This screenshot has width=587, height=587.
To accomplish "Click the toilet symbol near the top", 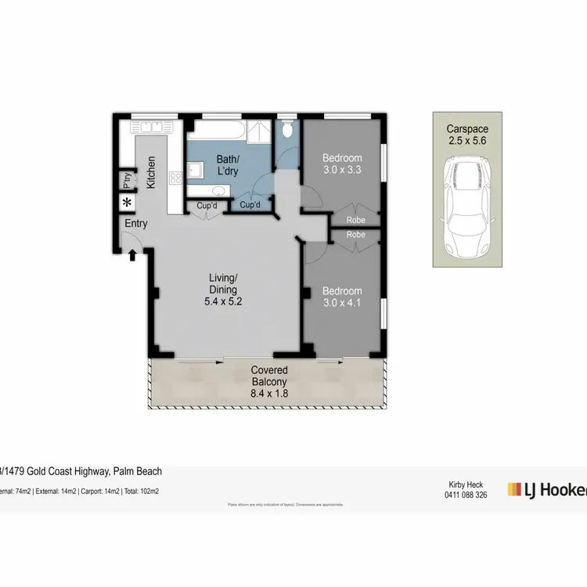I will click(288, 129).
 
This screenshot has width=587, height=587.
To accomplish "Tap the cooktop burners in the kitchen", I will click(175, 178).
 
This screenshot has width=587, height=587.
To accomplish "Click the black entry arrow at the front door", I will click(132, 253).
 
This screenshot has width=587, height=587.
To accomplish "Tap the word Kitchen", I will click(151, 173).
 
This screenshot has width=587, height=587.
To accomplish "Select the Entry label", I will click(136, 224).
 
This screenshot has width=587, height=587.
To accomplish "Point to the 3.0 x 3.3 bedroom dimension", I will click(342, 170).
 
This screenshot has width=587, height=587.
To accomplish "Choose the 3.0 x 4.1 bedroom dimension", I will click(342, 303).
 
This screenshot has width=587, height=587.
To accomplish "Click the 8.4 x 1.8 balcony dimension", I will click(269, 394).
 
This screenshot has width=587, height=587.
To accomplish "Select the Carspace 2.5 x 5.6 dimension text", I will click(467, 141).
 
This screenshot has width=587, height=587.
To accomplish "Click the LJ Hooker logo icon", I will click(514, 489).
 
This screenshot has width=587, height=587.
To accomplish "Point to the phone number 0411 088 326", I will click(466, 495).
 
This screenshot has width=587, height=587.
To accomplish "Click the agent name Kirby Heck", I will click(466, 484).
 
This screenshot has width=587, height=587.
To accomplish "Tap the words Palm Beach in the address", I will click(138, 471).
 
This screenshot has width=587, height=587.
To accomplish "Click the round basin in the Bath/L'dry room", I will click(218, 191).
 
